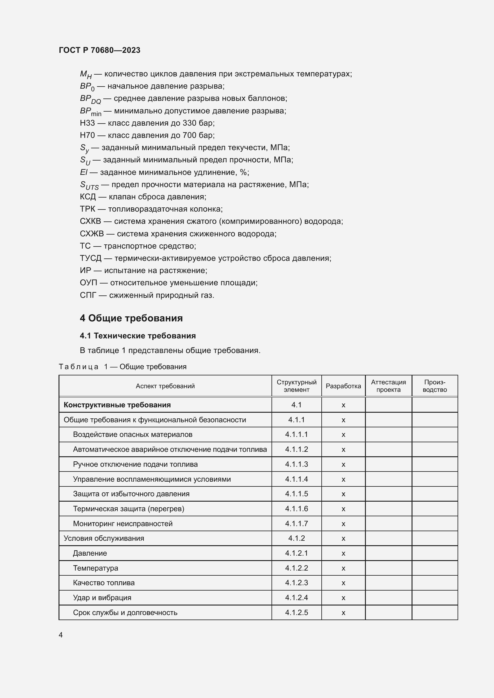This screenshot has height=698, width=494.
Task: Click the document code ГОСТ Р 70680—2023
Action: click(x=99, y=50)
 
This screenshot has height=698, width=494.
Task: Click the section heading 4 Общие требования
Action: click(x=131, y=318)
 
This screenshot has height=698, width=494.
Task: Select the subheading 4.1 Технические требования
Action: click(x=137, y=336)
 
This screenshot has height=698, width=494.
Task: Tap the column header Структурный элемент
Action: click(x=296, y=386)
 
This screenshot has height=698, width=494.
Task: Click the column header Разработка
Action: click(x=343, y=386)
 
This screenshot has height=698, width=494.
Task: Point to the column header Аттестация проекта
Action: click(x=388, y=386)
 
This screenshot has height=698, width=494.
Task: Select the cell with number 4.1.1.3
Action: click(x=296, y=464)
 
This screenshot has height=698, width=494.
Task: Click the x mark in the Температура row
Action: click(x=343, y=568)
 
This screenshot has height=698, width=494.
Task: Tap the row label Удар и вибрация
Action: click(x=102, y=598)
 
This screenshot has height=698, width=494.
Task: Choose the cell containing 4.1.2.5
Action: click(x=296, y=613)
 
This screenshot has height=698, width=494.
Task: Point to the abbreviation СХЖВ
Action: click(x=92, y=234)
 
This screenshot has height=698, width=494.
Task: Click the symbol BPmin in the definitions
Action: click(x=90, y=111)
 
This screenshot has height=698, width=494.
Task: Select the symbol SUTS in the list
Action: click(x=89, y=185)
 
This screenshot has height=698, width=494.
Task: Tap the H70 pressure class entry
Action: click(x=87, y=135)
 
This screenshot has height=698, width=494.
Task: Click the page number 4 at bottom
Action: click(x=61, y=635)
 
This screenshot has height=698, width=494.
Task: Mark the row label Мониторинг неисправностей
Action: click(x=122, y=523)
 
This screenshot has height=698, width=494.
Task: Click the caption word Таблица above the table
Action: click(x=79, y=367)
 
